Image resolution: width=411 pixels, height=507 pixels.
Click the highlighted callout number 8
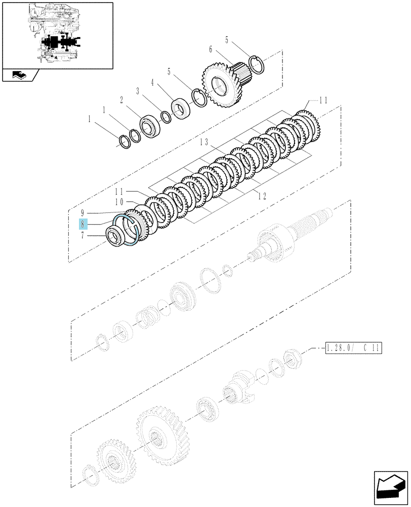pyautogui.click(x=83, y=224)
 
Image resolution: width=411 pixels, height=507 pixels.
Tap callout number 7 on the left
pyautogui.click(x=83, y=235)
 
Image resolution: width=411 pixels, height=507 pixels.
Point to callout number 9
pyautogui.click(x=83, y=213)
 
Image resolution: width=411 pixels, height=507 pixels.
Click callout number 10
pyautogui.click(x=119, y=202)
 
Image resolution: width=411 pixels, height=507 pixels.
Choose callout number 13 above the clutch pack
pyautogui.click(x=203, y=142)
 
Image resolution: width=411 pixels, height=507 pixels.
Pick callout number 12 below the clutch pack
pyautogui.click(x=262, y=196)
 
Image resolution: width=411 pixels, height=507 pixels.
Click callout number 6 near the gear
pyautogui.click(x=211, y=49)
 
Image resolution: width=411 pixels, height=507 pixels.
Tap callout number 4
pyautogui.click(x=152, y=83)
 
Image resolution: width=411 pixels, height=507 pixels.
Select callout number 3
pyautogui.click(x=138, y=91)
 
